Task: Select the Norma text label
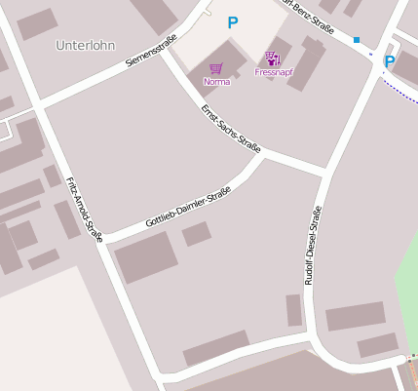click(216, 81)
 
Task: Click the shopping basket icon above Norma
click(215, 68)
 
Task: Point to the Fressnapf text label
click(272, 72)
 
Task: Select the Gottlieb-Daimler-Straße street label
click(187, 208)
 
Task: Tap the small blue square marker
click(357, 40)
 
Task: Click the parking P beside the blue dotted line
click(390, 61)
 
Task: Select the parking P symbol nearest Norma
click(232, 22)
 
